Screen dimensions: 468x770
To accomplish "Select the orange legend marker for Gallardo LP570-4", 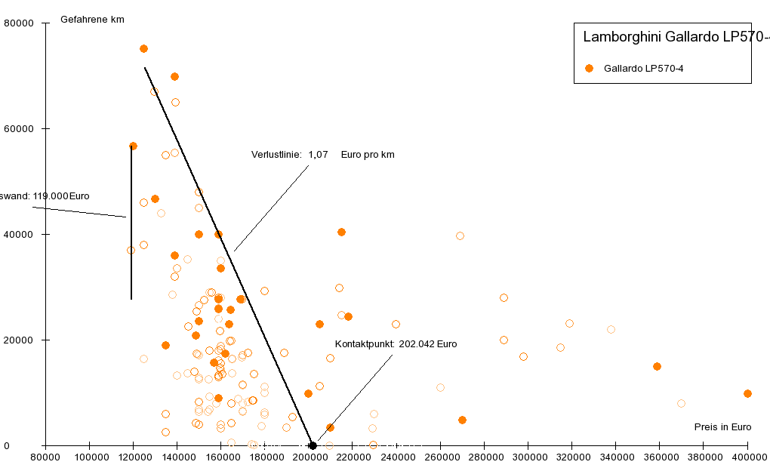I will [590, 69].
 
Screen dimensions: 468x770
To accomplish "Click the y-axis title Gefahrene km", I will [92, 19].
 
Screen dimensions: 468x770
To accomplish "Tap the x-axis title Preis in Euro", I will [722, 427].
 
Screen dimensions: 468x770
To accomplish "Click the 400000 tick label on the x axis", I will [747, 457].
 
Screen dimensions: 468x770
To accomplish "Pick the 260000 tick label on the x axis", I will [440, 457].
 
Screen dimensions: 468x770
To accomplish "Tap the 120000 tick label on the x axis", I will [133, 457].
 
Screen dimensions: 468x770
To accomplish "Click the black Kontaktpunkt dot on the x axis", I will [313, 445].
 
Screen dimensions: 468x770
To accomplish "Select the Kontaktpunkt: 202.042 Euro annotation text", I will [396, 344].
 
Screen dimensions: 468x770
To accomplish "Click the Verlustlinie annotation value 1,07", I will [318, 155].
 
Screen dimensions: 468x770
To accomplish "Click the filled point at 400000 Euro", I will [747, 393].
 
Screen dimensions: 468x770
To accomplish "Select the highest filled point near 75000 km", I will [143, 48].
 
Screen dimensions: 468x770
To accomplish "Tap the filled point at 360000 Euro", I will [657, 366].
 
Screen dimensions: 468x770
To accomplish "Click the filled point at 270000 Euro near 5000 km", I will [462, 420].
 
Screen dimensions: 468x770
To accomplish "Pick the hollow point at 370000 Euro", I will [681, 403].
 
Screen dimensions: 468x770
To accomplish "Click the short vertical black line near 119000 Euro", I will [131, 226].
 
